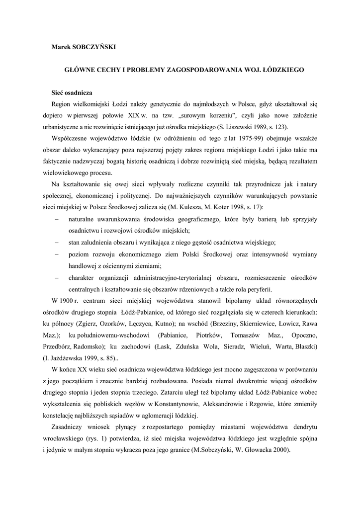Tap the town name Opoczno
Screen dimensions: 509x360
pyautogui.click(x=304, y=335)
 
